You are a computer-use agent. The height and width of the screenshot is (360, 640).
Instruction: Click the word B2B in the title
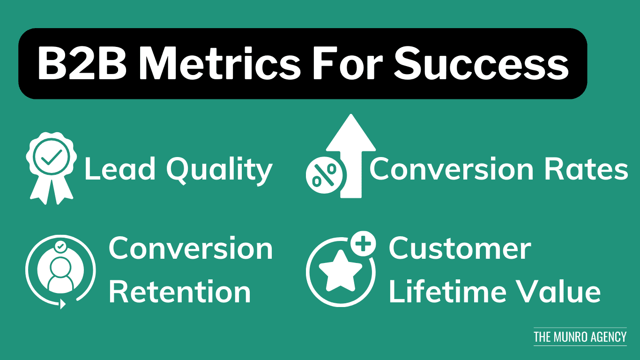point(82,63)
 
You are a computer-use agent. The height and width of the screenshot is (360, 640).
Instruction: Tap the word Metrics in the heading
point(220,63)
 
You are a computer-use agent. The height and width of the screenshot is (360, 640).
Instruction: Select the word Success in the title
point(482,63)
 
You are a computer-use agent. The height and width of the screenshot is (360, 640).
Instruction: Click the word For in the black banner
point(348,63)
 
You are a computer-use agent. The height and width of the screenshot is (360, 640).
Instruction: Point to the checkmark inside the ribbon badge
point(52,157)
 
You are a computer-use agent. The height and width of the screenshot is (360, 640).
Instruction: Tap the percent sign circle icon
point(324,175)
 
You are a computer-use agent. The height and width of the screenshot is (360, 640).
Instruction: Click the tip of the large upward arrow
point(350,114)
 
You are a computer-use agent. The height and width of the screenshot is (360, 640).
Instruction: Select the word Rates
point(586,169)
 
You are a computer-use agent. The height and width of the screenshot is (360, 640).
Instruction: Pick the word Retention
point(180,292)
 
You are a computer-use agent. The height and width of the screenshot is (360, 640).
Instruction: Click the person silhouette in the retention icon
point(60,275)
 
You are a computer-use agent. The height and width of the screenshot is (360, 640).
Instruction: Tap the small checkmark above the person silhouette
point(60,247)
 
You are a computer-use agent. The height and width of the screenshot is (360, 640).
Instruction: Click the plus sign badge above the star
point(363,244)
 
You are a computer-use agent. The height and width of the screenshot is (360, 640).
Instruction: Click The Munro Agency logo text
point(580,337)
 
